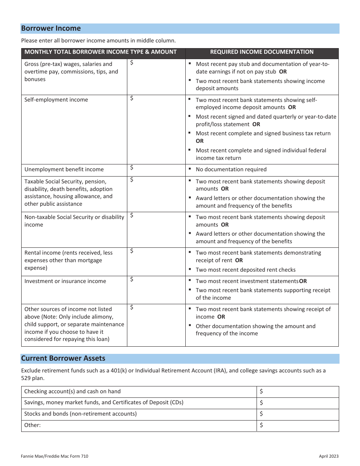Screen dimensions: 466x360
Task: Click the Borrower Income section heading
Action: click(x=51, y=28)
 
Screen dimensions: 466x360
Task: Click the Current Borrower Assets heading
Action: click(x=63, y=358)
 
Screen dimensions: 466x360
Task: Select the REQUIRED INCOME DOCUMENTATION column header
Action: click(x=261, y=52)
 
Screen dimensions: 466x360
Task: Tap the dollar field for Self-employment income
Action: click(x=156, y=129)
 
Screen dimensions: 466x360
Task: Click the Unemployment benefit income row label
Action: click(x=64, y=169)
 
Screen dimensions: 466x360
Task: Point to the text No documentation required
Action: click(x=231, y=169)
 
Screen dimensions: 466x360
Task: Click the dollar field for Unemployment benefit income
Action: click(x=156, y=170)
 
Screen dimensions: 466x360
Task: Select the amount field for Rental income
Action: click(x=156, y=261)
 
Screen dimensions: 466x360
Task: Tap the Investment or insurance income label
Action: click(x=65, y=281)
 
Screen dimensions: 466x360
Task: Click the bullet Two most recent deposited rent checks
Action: click(x=245, y=270)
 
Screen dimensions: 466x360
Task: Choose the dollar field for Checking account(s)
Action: click(x=297, y=392)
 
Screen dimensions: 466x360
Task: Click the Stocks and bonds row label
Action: click(x=80, y=414)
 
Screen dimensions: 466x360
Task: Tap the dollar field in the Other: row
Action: click(x=297, y=425)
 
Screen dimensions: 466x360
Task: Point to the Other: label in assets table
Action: click(x=32, y=425)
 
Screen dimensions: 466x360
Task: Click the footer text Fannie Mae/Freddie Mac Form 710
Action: click(x=55, y=457)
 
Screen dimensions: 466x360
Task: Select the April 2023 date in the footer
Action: click(x=329, y=457)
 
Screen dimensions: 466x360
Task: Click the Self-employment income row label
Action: click(x=56, y=100)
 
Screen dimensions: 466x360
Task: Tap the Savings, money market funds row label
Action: click(x=103, y=403)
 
